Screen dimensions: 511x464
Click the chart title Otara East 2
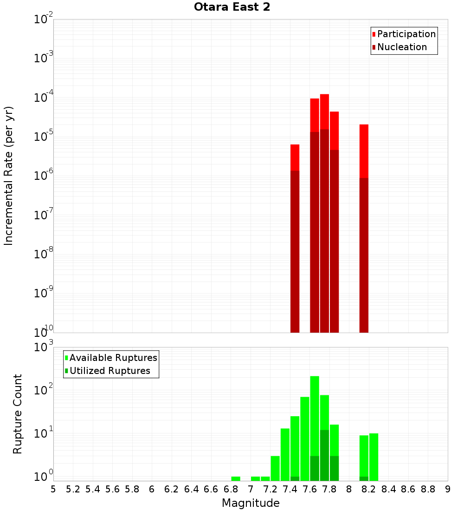click(x=232, y=7)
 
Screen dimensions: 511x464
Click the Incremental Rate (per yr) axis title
click(x=8, y=176)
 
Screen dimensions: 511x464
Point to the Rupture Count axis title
click(x=18, y=414)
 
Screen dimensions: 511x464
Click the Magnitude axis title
click(x=251, y=503)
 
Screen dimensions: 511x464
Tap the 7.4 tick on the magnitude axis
click(x=290, y=489)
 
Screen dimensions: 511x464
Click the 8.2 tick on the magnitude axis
click(x=369, y=489)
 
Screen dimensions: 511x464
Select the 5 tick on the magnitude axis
click(x=53, y=489)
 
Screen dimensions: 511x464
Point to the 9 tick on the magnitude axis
click(x=448, y=489)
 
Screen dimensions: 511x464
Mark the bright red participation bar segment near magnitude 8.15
click(x=364, y=151)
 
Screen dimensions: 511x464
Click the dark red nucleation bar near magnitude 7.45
click(x=295, y=251)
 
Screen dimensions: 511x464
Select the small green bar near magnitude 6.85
click(x=236, y=478)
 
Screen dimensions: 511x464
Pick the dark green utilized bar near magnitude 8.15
click(x=364, y=478)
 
